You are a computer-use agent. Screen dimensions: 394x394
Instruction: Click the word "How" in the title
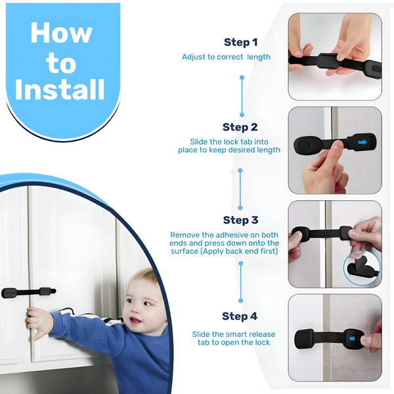pyautogui.click(x=61, y=32)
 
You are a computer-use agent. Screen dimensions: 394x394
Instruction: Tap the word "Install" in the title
pyautogui.click(x=60, y=89)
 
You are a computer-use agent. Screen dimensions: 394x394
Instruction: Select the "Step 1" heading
pyautogui.click(x=240, y=43)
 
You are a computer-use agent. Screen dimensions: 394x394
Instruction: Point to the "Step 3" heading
pyautogui.click(x=240, y=220)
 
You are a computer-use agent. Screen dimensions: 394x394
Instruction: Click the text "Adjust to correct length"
pyautogui.click(x=226, y=57)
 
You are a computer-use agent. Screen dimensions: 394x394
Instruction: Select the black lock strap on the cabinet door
pyautogui.click(x=28, y=291)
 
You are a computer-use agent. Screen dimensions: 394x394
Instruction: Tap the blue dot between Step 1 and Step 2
pyautogui.click(x=242, y=77)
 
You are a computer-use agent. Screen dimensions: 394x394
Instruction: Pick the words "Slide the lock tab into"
pyautogui.click(x=229, y=142)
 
